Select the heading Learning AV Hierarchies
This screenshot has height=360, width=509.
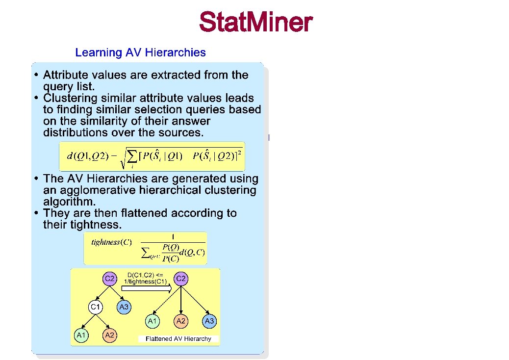click(x=140, y=52)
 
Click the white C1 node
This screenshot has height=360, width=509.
click(x=96, y=308)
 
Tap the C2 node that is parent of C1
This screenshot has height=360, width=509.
click(x=109, y=279)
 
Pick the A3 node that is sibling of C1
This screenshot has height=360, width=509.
click(x=124, y=308)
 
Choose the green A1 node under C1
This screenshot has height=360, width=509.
click(x=81, y=335)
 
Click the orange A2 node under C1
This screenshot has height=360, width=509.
click(x=109, y=335)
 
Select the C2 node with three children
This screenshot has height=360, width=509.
click(x=181, y=279)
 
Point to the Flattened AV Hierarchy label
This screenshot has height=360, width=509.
click(x=178, y=339)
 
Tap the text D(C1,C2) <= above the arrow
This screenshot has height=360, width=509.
click(x=146, y=275)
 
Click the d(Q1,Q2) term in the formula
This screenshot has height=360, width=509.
click(x=86, y=156)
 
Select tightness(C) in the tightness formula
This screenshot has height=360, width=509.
click(x=111, y=243)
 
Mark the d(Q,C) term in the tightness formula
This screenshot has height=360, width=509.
click(x=192, y=253)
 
